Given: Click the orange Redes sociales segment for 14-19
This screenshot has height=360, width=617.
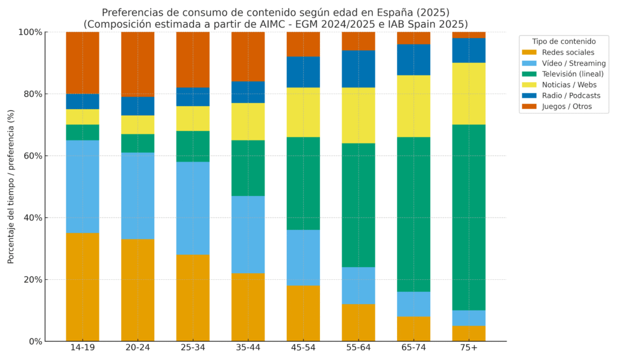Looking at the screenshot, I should [83, 287].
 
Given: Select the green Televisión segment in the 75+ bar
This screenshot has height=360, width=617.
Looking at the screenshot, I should [469, 217].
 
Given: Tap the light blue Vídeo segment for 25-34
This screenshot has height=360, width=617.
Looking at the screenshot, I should [193, 208].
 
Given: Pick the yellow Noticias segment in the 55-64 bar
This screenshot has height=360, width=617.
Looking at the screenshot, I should [359, 115].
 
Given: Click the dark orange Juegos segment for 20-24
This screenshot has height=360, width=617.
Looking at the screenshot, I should [137, 64].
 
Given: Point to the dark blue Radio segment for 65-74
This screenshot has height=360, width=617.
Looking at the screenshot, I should [413, 60].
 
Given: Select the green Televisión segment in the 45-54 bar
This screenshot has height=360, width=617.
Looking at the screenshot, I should [303, 183].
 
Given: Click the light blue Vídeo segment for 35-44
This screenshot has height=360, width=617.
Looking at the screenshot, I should [248, 235].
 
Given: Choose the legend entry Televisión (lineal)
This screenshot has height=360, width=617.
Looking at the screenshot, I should [572, 74].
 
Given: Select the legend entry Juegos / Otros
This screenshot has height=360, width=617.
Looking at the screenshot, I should [566, 107].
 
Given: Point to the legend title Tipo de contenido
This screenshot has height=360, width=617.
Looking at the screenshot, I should [564, 42].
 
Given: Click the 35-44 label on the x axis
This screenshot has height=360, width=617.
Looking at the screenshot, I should [248, 349].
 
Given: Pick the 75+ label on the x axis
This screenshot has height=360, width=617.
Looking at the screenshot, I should [469, 349].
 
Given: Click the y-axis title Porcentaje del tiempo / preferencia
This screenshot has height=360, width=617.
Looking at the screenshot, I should [11, 186].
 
